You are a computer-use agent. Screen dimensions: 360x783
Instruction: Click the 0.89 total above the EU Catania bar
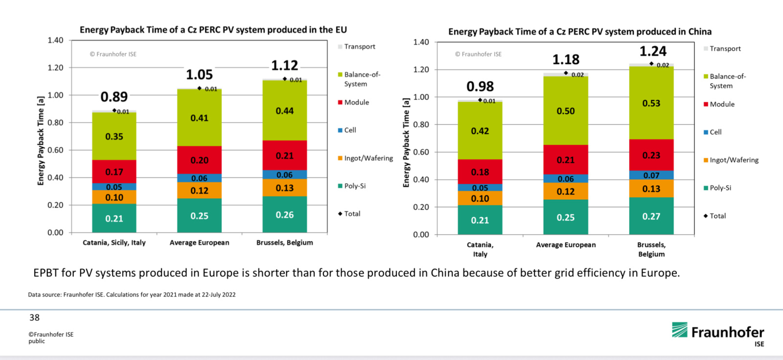pos(114,97)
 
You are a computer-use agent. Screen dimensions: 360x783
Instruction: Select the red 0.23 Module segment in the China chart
pos(651,155)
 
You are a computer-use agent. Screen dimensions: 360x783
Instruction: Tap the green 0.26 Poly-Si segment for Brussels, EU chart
pos(285,215)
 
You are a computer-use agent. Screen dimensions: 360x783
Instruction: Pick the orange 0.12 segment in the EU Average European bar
pos(199,190)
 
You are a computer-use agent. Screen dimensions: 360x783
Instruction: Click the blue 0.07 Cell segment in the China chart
pos(651,175)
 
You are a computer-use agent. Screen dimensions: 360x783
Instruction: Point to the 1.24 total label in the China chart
pos(653,51)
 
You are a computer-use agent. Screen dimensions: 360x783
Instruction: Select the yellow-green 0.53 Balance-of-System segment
pos(651,103)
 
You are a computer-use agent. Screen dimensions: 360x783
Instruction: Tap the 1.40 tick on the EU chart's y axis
pos(55,40)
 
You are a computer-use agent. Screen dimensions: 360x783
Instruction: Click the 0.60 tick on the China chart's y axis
pos(421,152)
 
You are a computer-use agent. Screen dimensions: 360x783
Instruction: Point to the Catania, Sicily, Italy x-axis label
pos(114,243)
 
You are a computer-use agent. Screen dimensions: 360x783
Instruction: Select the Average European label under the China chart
pos(566,245)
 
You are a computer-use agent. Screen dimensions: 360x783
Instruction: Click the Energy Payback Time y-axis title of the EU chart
pos(41,141)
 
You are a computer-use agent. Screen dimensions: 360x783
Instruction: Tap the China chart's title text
pos(580,32)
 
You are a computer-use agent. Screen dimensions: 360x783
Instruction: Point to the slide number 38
pos(34,317)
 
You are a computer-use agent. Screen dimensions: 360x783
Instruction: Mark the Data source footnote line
pos(132,294)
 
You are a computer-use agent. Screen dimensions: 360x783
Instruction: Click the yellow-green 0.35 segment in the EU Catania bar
pos(114,136)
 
